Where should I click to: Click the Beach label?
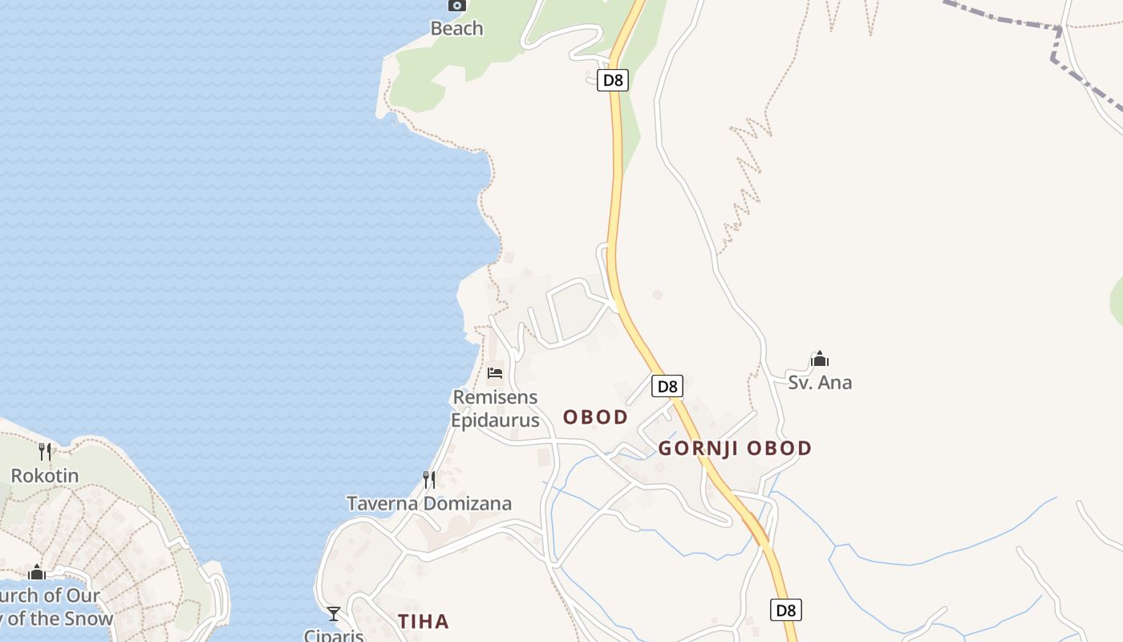(456, 29)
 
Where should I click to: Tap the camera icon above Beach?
(456, 6)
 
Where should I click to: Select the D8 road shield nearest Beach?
(612, 80)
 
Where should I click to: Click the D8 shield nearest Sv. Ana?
(667, 386)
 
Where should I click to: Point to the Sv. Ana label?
(820, 383)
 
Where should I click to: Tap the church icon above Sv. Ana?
(820, 359)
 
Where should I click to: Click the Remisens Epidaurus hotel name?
(495, 408)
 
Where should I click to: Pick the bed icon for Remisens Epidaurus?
(495, 373)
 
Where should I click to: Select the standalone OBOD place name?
(595, 417)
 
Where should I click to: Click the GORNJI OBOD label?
(735, 449)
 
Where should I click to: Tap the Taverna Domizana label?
(429, 504)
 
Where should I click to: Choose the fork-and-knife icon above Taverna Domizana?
(429, 480)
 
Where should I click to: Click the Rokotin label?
(45, 476)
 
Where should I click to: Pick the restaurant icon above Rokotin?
(45, 452)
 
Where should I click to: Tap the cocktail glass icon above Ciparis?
(334, 614)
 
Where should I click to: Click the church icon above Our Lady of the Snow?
(36, 572)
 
